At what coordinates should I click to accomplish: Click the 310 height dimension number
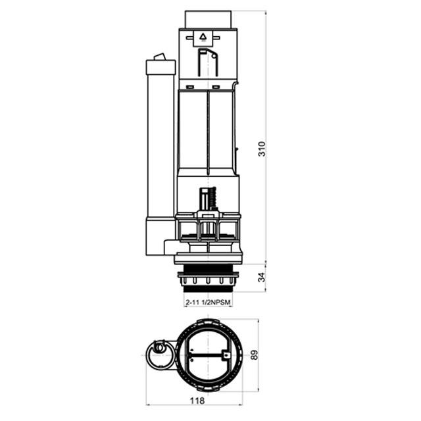pyautogui.click(x=261, y=149)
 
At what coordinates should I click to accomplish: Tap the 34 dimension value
pyautogui.click(x=261, y=277)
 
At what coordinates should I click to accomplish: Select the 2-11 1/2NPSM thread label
pyautogui.click(x=208, y=303)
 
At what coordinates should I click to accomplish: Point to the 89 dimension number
pyautogui.click(x=254, y=355)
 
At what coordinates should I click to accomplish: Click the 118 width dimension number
pyautogui.click(x=197, y=401)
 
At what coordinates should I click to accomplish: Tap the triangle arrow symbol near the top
pyautogui.click(x=203, y=36)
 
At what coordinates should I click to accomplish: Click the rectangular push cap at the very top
pyautogui.click(x=208, y=19)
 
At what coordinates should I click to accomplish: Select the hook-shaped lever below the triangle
pyautogui.click(x=208, y=62)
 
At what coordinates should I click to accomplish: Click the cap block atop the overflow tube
pyautogui.click(x=161, y=67)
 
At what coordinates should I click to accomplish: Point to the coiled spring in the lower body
pyautogui.click(x=214, y=198)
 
